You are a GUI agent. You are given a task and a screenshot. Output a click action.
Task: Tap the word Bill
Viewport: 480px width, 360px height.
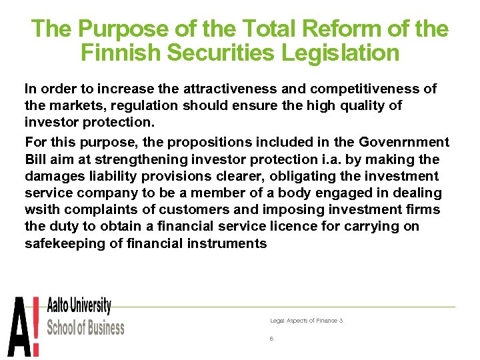pos(36,159)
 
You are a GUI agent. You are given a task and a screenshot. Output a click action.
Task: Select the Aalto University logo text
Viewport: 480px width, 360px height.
pos(79,307)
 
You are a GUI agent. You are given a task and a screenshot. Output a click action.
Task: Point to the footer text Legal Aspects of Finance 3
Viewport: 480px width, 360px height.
pos(306,321)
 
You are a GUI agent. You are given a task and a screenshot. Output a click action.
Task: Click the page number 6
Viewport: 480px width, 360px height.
pos(271,339)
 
